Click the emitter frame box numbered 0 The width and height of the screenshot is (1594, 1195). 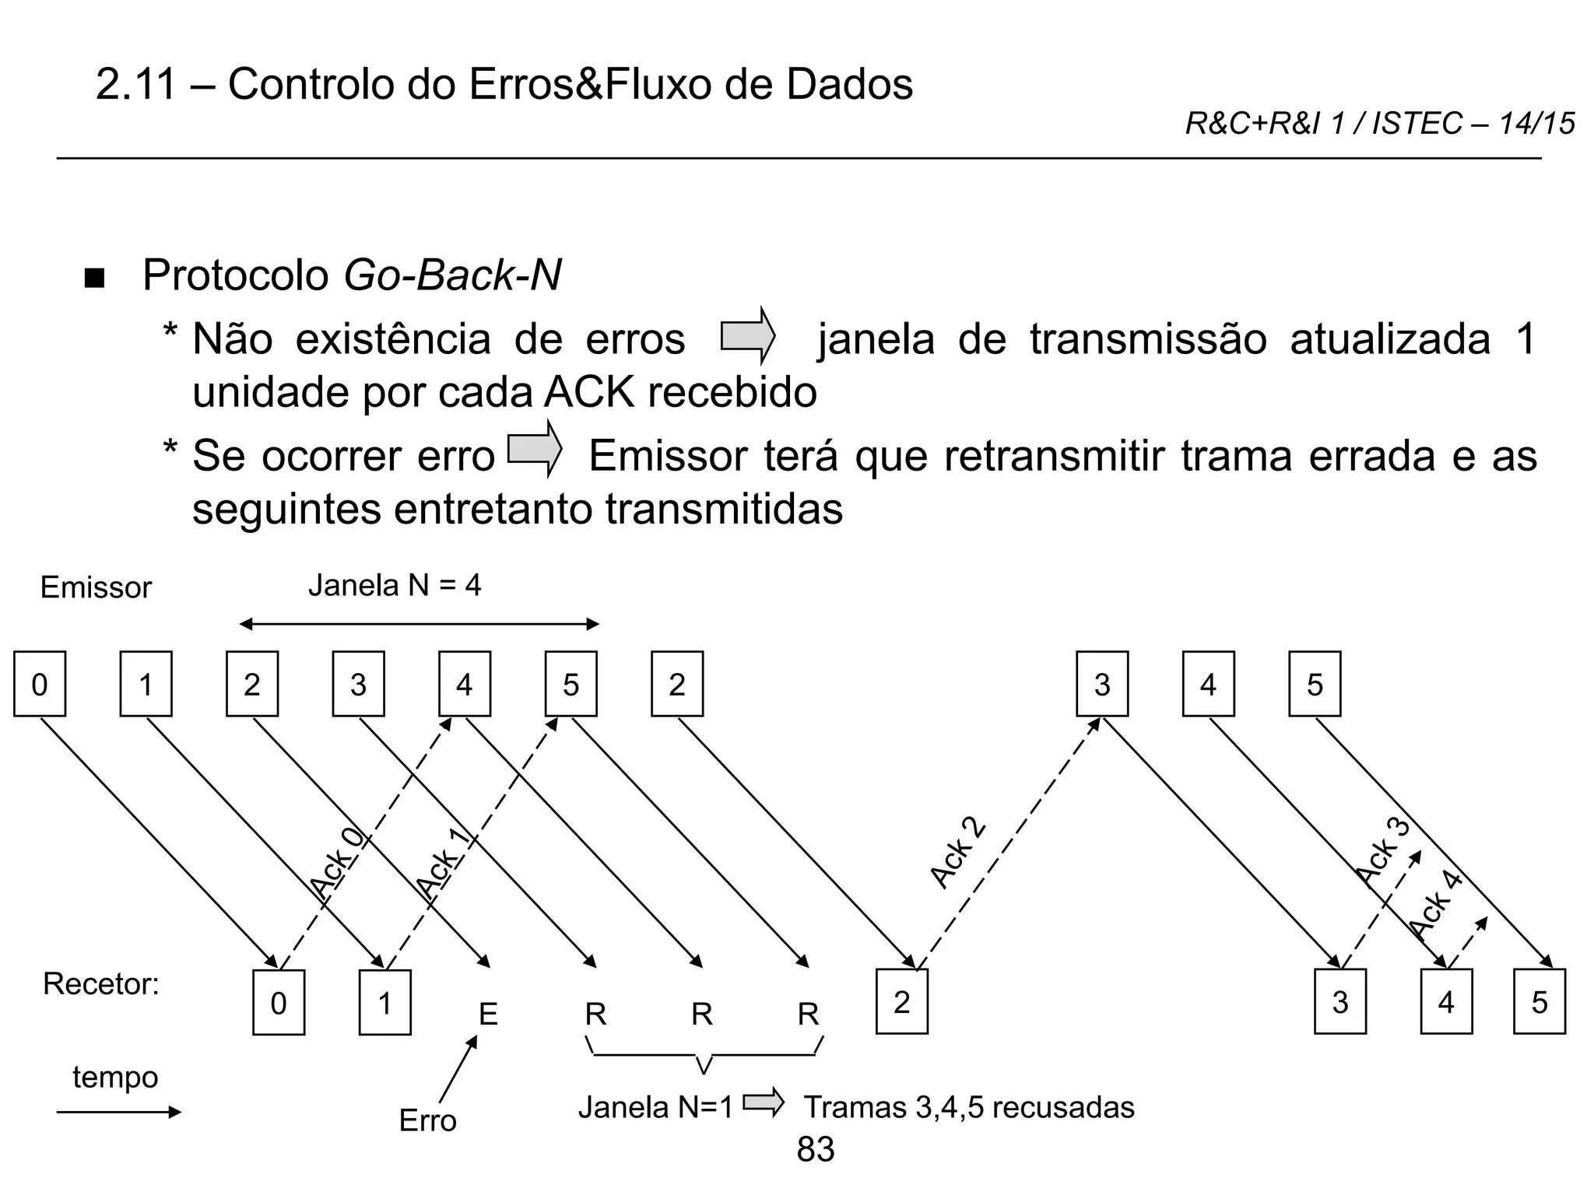(40, 684)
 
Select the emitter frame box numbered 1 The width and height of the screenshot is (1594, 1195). (146, 684)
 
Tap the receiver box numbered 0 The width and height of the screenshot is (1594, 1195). (279, 1002)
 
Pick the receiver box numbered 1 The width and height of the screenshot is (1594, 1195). (384, 1002)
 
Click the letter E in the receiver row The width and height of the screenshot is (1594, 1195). (488, 1015)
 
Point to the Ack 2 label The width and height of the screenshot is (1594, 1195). (958, 853)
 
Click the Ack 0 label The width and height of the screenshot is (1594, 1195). (337, 863)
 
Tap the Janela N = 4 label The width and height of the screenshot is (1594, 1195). (395, 585)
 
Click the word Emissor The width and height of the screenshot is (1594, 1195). (96, 587)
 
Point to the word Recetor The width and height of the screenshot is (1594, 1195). (100, 984)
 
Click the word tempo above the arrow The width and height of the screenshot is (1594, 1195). (115, 1078)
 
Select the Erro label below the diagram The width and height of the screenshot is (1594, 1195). (427, 1120)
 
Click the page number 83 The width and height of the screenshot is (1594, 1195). (816, 1149)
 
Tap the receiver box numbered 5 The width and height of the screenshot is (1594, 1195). (1539, 1002)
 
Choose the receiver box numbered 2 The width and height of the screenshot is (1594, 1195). (901, 1002)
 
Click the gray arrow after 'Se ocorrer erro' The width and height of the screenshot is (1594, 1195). (534, 449)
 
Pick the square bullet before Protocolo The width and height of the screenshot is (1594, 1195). (94, 279)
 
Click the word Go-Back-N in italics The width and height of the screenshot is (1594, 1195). (452, 275)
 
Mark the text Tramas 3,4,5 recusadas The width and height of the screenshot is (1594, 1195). (969, 1107)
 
